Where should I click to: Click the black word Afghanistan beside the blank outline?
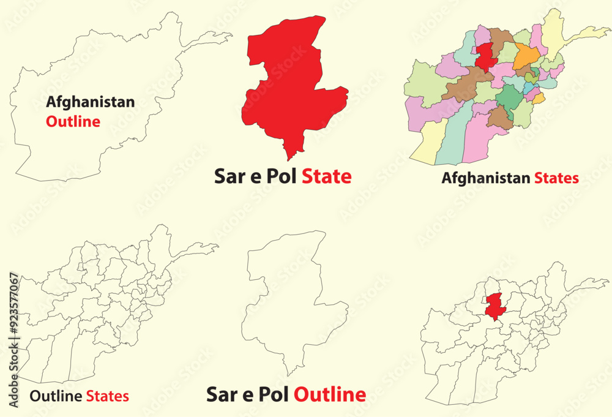click(x=91, y=102)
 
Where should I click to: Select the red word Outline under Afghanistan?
click(x=73, y=121)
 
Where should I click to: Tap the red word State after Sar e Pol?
click(x=326, y=177)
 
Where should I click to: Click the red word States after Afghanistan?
click(x=556, y=179)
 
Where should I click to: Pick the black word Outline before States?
click(x=56, y=396)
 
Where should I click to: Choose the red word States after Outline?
click(x=107, y=396)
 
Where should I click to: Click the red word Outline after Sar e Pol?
click(x=330, y=394)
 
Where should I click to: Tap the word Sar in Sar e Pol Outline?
click(x=221, y=394)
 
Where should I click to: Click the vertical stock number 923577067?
click(x=14, y=306)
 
